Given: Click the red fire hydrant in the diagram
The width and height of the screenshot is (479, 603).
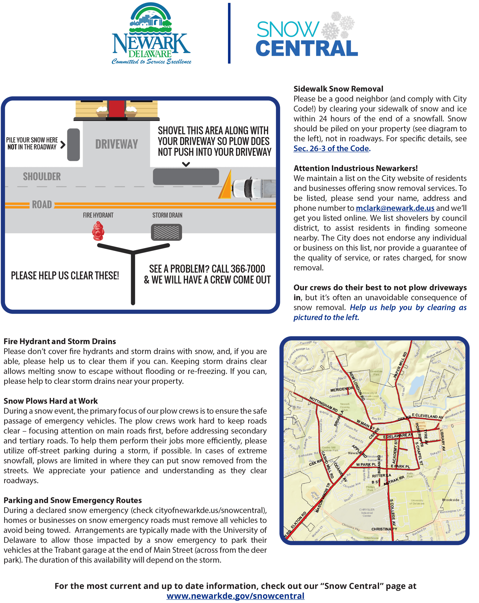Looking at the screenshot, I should coord(98,231).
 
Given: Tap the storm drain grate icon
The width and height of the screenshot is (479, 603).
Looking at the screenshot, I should coord(166,232).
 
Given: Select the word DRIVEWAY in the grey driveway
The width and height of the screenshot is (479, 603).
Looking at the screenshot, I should coord(117,144).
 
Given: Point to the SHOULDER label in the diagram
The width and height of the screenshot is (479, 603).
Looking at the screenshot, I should coord(42,176).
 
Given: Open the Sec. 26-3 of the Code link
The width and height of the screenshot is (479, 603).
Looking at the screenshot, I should coord(332,148).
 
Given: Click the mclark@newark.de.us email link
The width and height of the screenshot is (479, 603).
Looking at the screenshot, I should coord(395,208).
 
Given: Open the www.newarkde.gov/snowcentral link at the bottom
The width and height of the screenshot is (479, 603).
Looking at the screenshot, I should coord(235,596).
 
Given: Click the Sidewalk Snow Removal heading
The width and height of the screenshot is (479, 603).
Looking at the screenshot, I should coord(338,89).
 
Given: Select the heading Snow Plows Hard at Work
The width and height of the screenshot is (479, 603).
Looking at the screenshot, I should coord(51,401).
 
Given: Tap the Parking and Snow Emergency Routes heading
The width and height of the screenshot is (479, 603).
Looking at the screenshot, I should coord(72,500).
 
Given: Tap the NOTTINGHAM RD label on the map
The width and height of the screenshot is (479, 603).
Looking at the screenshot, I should coord(323,404).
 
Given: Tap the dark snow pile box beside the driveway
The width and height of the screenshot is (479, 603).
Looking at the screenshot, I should coord(73,144).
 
